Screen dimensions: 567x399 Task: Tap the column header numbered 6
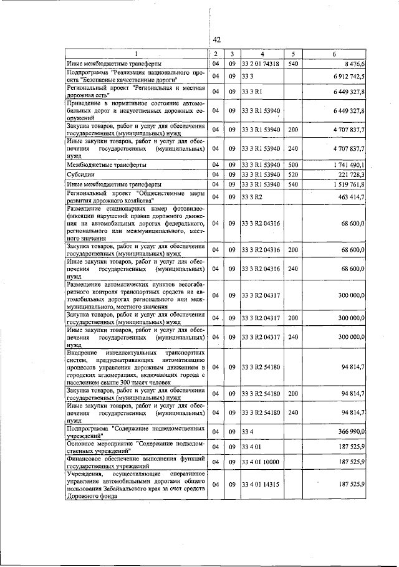point(334,54)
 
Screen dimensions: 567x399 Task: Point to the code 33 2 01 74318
point(260,64)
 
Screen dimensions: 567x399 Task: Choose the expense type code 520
point(294,175)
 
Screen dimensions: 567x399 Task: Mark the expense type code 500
point(294,165)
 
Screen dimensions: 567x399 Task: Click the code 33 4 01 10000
point(260,462)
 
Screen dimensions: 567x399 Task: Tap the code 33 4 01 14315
point(260,484)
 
